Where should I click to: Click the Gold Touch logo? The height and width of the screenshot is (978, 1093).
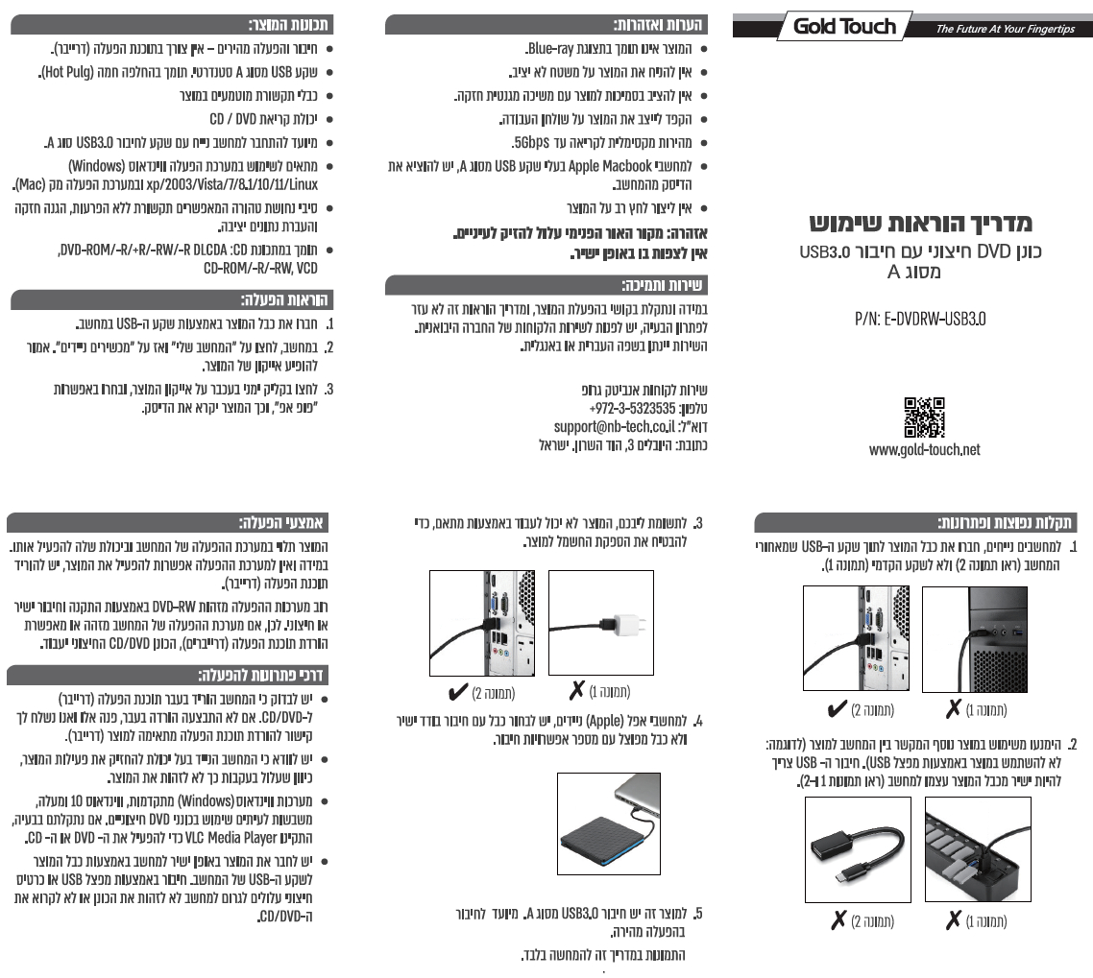844,26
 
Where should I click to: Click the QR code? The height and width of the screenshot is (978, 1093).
924,417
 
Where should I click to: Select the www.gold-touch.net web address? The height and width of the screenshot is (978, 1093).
924,449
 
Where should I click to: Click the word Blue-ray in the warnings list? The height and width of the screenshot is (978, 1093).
552,47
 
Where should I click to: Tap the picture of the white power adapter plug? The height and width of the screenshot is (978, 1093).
600,621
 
